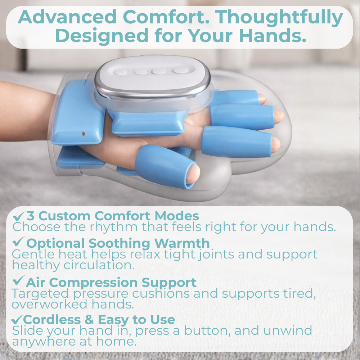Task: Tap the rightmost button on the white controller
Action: pyautogui.click(x=180, y=71)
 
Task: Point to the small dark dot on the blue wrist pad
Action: pyautogui.click(x=84, y=134)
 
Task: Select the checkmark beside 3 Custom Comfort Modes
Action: pyautogui.click(x=19, y=216)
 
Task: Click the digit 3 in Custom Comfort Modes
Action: pyautogui.click(x=31, y=216)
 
